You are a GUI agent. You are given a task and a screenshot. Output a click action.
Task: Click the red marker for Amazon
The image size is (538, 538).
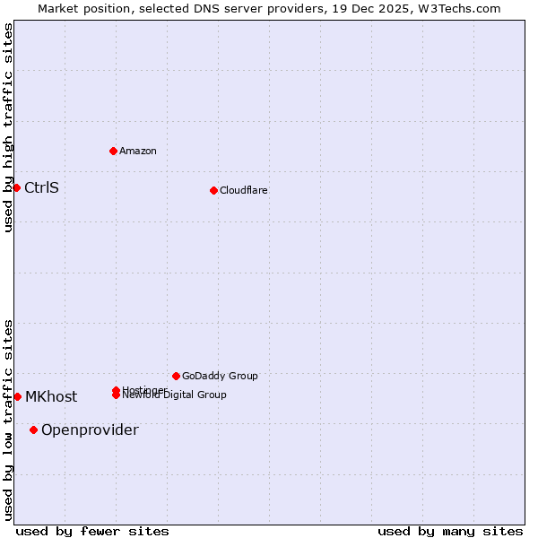pyautogui.click(x=114, y=151)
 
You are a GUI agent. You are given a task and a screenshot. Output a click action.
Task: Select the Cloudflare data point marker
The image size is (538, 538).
pyautogui.click(x=213, y=190)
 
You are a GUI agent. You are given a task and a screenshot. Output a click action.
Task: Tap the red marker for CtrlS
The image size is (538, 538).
pyautogui.click(x=16, y=187)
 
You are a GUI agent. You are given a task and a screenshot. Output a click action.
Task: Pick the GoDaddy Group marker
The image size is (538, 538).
pyautogui.click(x=176, y=376)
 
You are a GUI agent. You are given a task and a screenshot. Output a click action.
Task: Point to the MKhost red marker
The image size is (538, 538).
pyautogui.click(x=17, y=396)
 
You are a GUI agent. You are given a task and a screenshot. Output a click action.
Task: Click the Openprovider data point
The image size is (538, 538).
pyautogui.click(x=34, y=430)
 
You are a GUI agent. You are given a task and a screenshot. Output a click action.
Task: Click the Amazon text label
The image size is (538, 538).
pyautogui.click(x=138, y=151)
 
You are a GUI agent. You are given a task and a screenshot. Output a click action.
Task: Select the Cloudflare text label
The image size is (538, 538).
pyautogui.click(x=244, y=190)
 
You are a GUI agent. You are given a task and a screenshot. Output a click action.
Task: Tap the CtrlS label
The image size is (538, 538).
pyautogui.click(x=41, y=187)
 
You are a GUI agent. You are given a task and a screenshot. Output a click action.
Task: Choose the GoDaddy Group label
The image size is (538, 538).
pyautogui.click(x=220, y=376)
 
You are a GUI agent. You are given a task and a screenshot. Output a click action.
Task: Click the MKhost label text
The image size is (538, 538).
pyautogui.click(x=51, y=396)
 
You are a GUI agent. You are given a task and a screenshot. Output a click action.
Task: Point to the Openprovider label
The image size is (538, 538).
pyautogui.click(x=90, y=430)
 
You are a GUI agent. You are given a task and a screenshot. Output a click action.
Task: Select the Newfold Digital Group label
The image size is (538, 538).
pyautogui.click(x=175, y=395)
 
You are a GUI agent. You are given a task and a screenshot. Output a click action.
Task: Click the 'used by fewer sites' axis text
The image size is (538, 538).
pyautogui.click(x=92, y=531)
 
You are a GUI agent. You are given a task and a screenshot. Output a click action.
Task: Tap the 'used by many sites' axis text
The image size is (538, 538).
pyautogui.click(x=450, y=531)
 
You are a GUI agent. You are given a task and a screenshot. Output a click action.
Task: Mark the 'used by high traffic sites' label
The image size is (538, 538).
pyautogui.click(x=8, y=127)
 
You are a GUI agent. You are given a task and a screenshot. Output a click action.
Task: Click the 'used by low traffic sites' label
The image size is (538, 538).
pyautogui.click(x=8, y=420)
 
